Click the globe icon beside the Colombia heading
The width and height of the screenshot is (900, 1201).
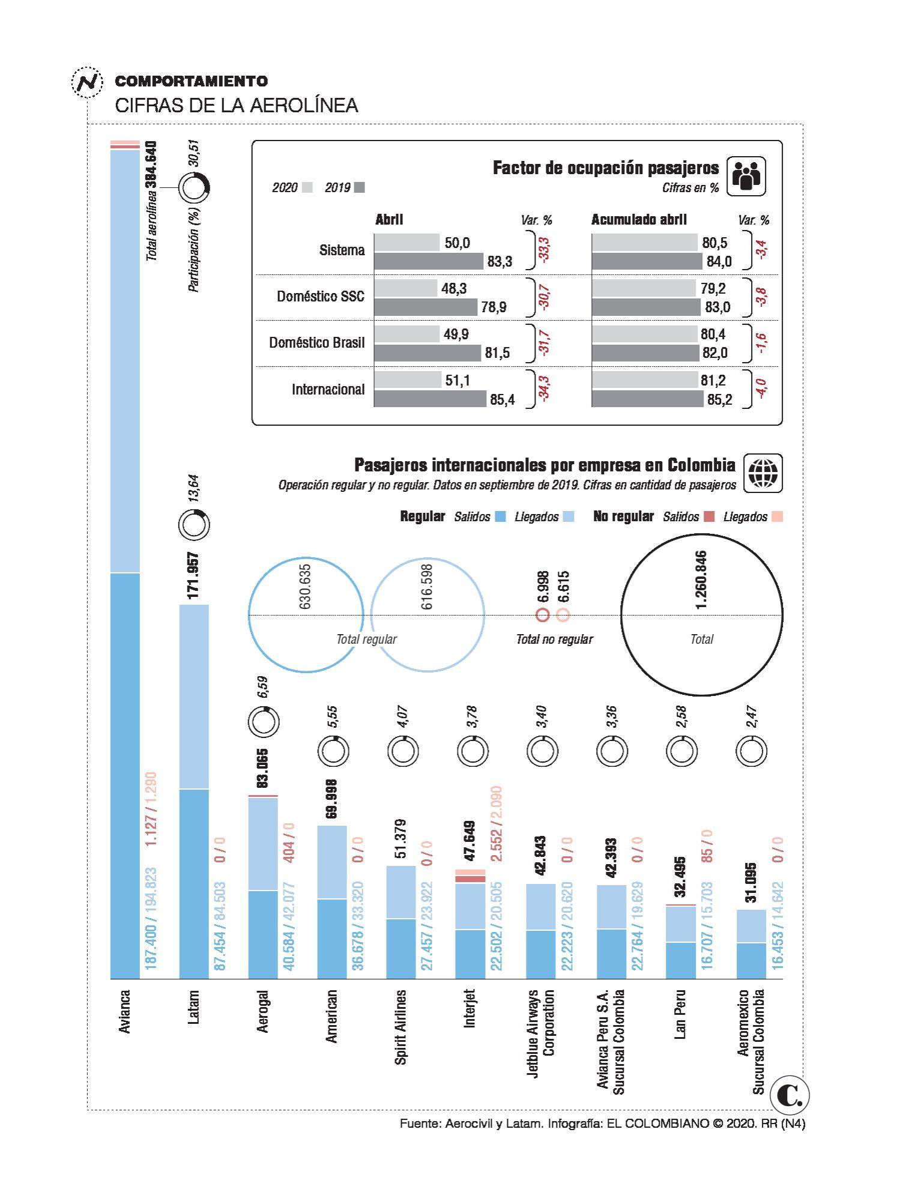coord(763,473)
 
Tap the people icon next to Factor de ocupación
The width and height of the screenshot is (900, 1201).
coord(746,177)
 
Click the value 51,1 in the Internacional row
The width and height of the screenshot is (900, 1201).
coord(458,380)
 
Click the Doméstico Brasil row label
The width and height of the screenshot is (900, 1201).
coord(316,343)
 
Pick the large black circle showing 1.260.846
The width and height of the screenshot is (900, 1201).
coord(701,615)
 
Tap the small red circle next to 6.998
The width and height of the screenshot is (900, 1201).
coord(543,614)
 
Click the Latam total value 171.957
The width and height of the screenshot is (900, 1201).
coord(193,575)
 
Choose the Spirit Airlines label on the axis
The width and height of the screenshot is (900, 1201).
coord(400,1027)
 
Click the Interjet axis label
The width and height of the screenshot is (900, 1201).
coord(470,1009)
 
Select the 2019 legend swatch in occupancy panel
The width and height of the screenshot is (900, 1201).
coord(359,188)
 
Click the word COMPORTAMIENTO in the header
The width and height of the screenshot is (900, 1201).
coord(192,81)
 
